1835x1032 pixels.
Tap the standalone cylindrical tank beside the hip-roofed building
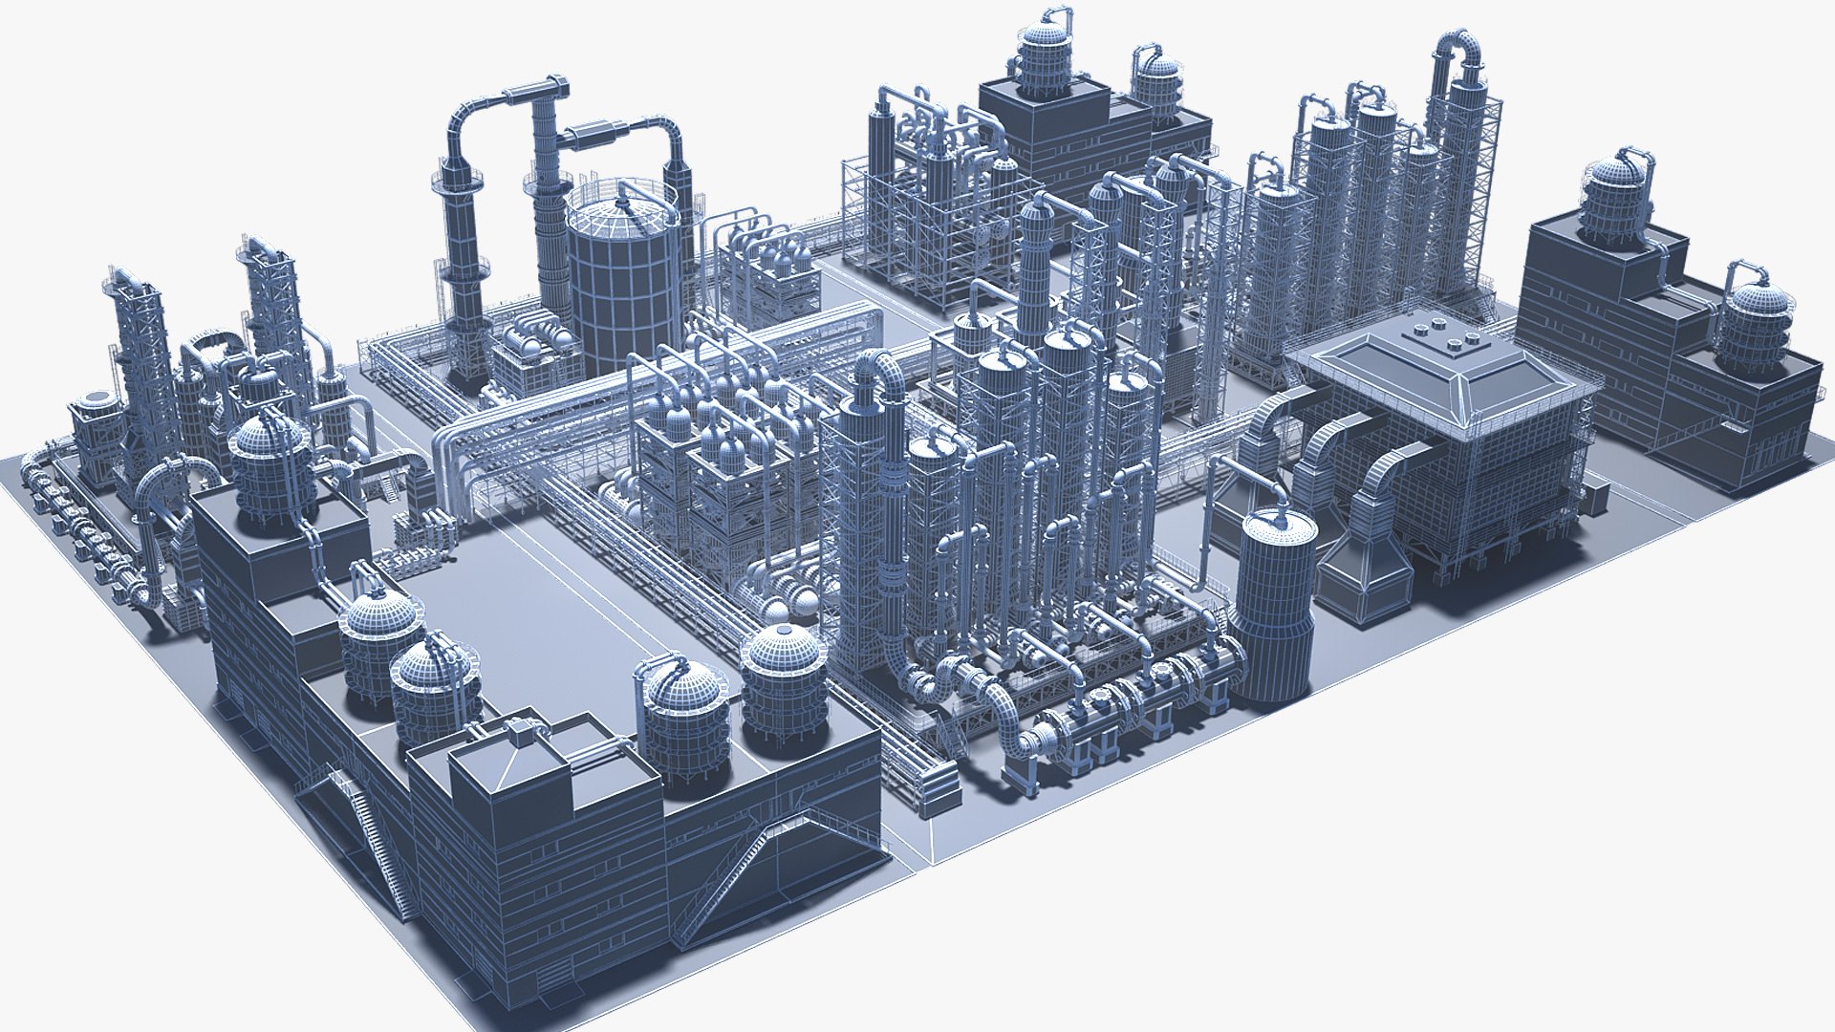pos(1273,602)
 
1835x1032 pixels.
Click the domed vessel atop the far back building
pos(1047,57)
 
